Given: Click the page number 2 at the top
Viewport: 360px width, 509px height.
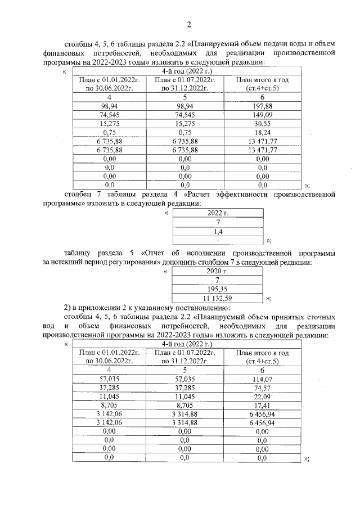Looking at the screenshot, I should (189, 24).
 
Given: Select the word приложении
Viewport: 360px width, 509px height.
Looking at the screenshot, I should (101, 308).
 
